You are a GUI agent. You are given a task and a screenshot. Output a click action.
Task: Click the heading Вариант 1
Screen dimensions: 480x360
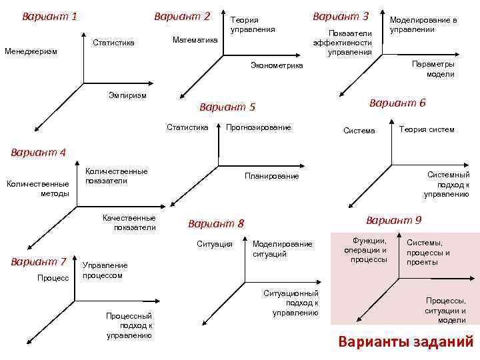click(x=49, y=15)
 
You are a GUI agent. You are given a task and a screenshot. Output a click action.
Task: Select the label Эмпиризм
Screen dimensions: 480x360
click(x=127, y=95)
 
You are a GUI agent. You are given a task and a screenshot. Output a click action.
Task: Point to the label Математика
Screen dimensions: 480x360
click(x=195, y=40)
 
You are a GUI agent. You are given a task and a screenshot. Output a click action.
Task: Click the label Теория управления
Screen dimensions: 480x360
click(x=252, y=25)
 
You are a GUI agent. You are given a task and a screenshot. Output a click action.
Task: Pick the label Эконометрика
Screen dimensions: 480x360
click(x=276, y=65)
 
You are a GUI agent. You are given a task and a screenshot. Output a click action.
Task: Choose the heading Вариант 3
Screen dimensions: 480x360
click(x=341, y=15)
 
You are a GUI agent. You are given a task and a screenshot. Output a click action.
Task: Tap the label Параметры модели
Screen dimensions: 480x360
click(x=433, y=69)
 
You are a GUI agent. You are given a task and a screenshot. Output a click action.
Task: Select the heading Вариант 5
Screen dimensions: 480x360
click(x=227, y=107)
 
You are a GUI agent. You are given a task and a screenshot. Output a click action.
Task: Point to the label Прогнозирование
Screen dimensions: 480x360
click(x=259, y=127)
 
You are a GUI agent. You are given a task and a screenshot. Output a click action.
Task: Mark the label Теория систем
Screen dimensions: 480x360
click(x=427, y=129)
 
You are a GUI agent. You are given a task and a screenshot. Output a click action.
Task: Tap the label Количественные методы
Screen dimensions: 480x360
click(x=37, y=189)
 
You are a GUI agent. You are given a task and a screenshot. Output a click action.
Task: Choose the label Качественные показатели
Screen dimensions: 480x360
click(x=129, y=223)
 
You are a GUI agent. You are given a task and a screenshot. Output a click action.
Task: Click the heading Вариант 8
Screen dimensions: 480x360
click(x=217, y=223)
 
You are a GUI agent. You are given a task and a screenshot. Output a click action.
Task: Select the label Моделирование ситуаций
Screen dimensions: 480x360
click(x=282, y=249)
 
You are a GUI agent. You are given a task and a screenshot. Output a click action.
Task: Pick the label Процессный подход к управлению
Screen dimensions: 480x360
click(x=129, y=325)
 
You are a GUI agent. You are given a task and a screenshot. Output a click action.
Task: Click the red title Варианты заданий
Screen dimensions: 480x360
click(x=405, y=343)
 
